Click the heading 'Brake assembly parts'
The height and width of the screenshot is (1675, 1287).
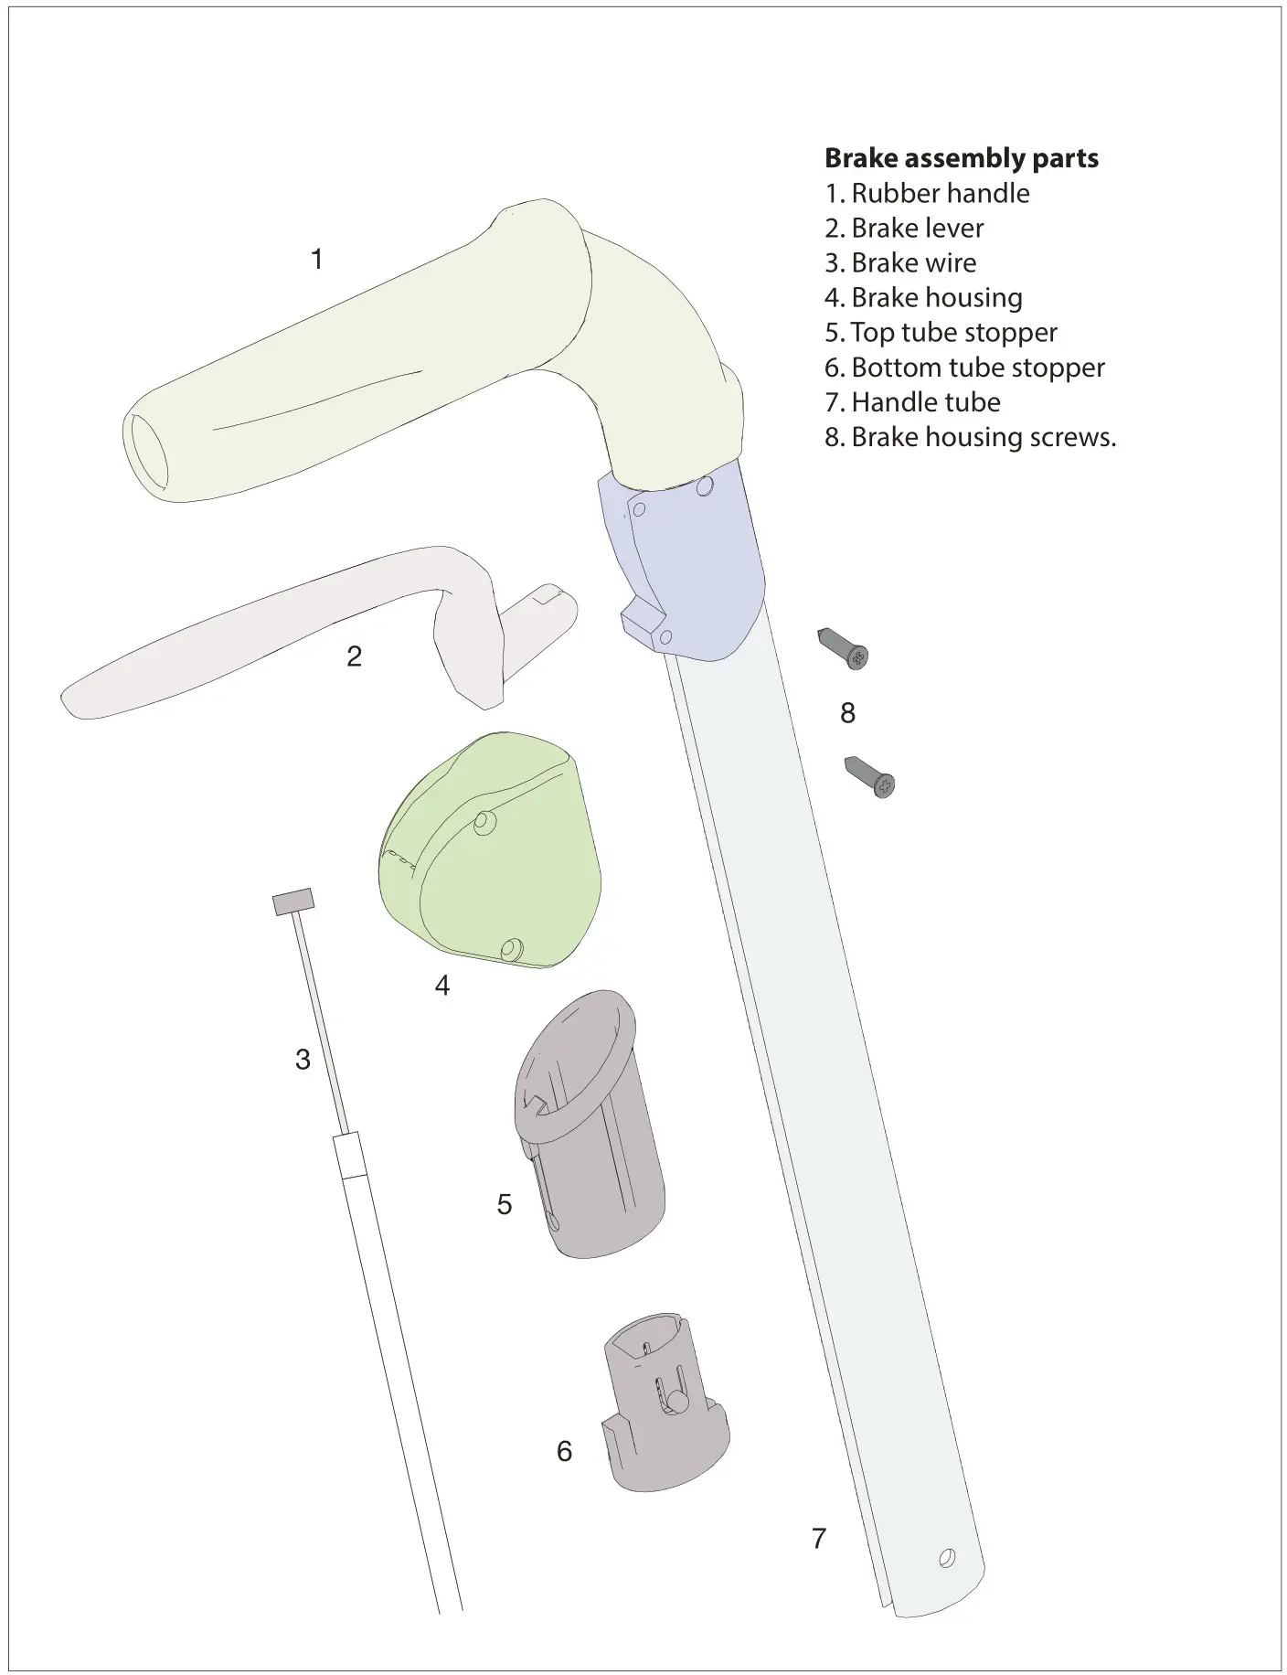(x=961, y=158)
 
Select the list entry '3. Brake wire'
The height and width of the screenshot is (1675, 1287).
(x=900, y=263)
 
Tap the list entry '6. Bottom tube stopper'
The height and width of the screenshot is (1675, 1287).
(x=964, y=368)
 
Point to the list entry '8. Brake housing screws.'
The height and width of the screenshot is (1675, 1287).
(x=970, y=437)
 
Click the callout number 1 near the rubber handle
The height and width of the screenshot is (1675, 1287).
(x=316, y=260)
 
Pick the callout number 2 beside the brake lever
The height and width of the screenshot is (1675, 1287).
(x=354, y=656)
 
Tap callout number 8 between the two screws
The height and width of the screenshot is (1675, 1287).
(x=847, y=713)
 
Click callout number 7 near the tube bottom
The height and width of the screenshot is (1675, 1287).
(x=819, y=1539)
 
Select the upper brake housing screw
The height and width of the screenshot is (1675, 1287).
(x=843, y=648)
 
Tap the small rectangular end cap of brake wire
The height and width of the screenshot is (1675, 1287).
(x=293, y=902)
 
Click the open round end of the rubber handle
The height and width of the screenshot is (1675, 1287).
(x=148, y=454)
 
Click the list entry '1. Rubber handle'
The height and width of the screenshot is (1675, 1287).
(x=927, y=194)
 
